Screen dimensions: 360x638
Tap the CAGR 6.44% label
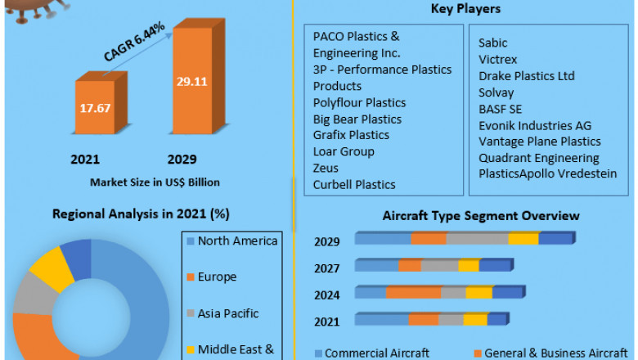(x=136, y=42)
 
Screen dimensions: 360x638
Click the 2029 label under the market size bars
(x=182, y=160)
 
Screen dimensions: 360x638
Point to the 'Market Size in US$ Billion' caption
(x=155, y=182)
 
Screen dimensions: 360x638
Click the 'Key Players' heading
(x=465, y=9)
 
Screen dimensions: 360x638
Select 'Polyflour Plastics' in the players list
(x=359, y=102)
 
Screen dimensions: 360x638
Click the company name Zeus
(x=326, y=168)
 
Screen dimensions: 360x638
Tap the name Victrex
(x=498, y=60)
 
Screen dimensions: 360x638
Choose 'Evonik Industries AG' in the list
(x=535, y=125)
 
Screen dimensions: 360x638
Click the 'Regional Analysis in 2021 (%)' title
(x=141, y=214)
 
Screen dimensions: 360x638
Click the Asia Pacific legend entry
(x=227, y=313)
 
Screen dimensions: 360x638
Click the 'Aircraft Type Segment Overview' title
(x=481, y=216)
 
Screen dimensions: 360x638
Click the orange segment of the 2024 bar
(x=413, y=292)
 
